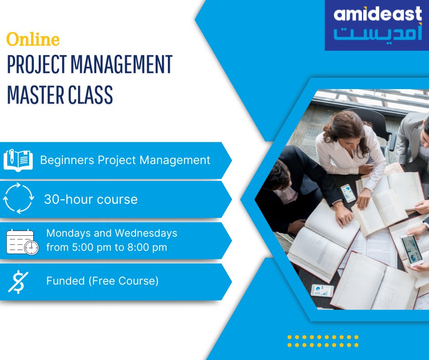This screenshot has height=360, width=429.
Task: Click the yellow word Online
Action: tap(33, 40)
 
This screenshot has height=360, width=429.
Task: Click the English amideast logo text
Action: tap(377, 15)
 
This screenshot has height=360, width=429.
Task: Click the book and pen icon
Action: tap(18, 160)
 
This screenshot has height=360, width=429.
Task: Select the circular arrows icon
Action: tap(18, 199)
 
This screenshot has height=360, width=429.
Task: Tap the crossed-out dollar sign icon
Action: tap(18, 281)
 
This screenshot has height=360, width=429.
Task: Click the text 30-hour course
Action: tap(91, 199)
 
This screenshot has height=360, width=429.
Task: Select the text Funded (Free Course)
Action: tap(102, 281)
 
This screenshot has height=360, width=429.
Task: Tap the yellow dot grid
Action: tap(323, 342)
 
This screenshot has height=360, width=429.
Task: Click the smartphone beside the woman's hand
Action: tap(348, 193)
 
